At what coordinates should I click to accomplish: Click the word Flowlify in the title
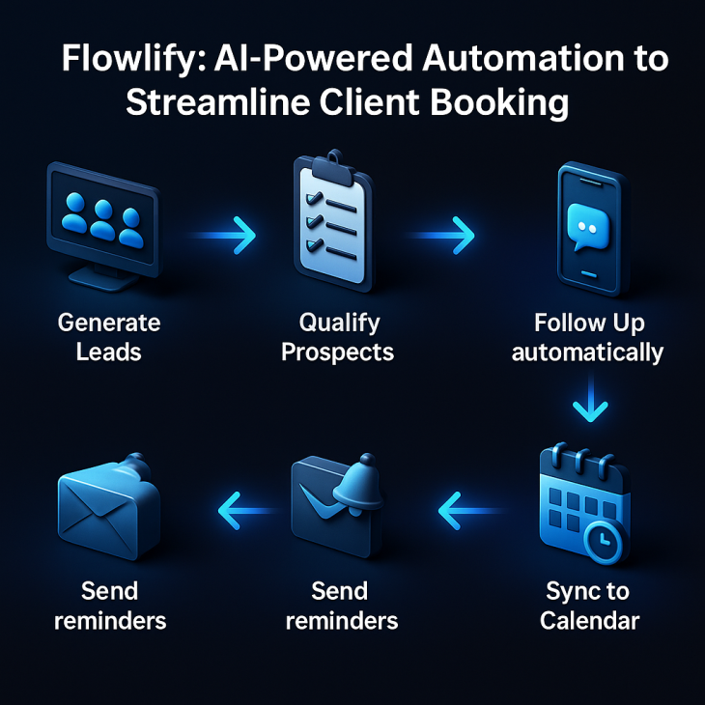point(134,59)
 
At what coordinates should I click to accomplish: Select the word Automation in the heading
point(522,58)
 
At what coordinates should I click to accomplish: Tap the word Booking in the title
point(499,103)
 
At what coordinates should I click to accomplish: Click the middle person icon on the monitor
point(103,220)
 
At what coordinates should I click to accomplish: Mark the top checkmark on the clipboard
point(314,198)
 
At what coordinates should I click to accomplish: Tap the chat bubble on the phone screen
point(587,227)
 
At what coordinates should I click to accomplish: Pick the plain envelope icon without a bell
point(109,507)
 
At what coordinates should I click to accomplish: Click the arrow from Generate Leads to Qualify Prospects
point(222,235)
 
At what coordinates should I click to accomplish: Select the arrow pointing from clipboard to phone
point(440,235)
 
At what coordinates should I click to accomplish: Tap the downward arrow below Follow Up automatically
point(590,397)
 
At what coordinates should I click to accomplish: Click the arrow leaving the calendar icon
point(472,510)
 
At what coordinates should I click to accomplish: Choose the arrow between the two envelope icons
point(248,510)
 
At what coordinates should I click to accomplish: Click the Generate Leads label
point(109,337)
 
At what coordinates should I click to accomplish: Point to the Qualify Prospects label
point(338,337)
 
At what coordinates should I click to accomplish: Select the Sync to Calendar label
point(589,606)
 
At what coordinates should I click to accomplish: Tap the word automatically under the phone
point(587,352)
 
